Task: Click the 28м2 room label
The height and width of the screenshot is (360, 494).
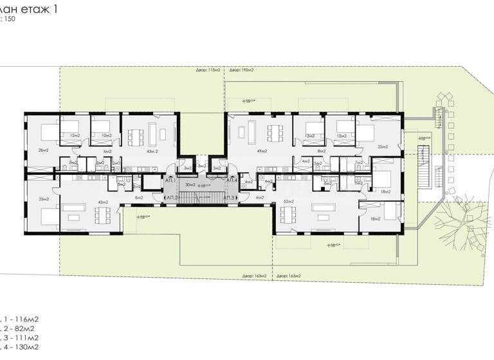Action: (44, 150)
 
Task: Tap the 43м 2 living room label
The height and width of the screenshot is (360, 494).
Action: (152, 151)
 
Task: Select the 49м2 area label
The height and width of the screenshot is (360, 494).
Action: (262, 151)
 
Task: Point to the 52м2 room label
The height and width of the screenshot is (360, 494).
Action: (288, 202)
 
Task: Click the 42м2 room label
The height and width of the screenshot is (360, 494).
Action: (102, 202)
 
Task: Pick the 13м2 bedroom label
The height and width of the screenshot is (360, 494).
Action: (311, 136)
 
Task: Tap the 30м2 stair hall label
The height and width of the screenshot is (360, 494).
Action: (190, 184)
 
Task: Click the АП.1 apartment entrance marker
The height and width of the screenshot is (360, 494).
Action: (171, 181)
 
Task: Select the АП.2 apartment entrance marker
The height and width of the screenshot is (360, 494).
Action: (172, 197)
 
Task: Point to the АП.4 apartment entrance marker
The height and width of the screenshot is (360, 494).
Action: (232, 181)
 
